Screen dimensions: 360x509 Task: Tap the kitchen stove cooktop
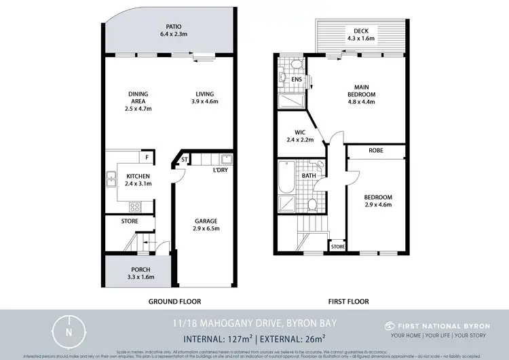click(x=134, y=206)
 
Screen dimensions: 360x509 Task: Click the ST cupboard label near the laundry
click(x=183, y=160)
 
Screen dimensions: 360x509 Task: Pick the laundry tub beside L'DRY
click(x=227, y=160)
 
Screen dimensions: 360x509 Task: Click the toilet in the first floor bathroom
click(x=312, y=204)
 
